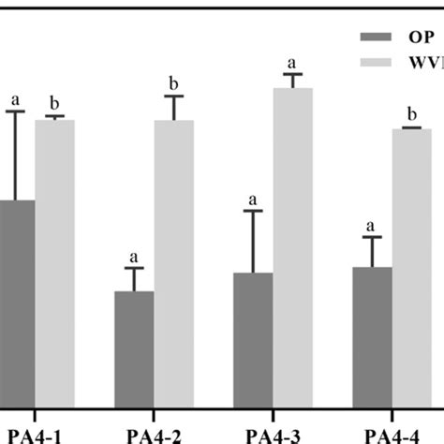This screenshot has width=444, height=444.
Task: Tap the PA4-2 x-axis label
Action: pyautogui.click(x=154, y=433)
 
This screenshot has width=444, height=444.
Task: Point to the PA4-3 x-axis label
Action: pyautogui.click(x=273, y=433)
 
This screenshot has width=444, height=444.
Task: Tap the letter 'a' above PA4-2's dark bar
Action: pyautogui.click(x=134, y=257)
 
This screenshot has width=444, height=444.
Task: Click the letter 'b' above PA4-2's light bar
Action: pyautogui.click(x=174, y=83)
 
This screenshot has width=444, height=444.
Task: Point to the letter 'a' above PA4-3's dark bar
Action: pyautogui.click(x=253, y=200)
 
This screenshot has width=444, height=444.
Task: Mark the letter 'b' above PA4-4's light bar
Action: pyautogui.click(x=412, y=115)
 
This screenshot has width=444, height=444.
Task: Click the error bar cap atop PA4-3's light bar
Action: pyautogui.click(x=293, y=74)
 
